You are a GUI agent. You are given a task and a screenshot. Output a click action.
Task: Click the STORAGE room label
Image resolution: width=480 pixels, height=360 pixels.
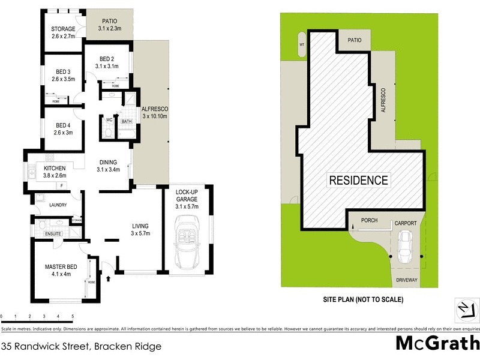[62, 29]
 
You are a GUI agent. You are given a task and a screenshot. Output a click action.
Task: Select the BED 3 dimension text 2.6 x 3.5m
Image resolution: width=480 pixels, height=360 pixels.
[62, 79]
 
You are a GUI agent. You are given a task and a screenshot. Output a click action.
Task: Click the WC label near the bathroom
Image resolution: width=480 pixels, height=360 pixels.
[109, 119]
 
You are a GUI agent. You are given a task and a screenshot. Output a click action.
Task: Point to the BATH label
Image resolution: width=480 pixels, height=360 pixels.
[127, 122]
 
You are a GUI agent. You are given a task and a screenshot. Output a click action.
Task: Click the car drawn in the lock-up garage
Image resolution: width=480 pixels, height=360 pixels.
[186, 244]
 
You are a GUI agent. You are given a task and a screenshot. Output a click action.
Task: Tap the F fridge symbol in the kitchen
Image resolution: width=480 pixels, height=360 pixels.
[61, 185]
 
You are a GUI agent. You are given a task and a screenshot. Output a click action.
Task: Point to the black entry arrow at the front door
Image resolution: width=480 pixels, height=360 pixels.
[109, 278]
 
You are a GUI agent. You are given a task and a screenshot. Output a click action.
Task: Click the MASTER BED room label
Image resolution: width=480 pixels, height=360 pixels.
[59, 267]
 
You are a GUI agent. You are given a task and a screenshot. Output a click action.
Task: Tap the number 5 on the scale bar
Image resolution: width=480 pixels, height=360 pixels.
[73, 316]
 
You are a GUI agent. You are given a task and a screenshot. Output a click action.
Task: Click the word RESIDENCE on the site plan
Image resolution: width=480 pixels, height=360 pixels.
[358, 180]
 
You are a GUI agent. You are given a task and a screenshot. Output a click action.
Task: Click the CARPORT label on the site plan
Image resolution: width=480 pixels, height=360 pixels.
[405, 223]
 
